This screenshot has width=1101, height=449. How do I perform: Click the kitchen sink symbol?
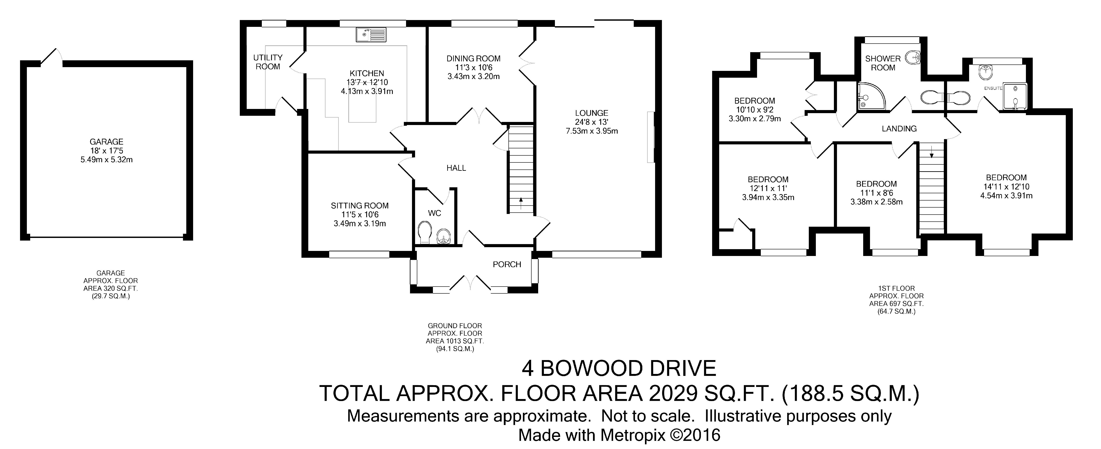click(x=371, y=35)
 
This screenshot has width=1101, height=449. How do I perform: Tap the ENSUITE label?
click(x=993, y=88)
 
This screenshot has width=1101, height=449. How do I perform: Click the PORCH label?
click(x=507, y=264)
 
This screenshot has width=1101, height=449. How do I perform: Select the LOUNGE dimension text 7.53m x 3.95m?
click(x=591, y=131)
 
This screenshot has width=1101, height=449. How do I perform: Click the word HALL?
click(x=456, y=168)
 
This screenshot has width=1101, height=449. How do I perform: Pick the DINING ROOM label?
click(x=474, y=59)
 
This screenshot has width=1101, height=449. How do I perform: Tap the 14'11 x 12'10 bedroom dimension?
click(x=1006, y=187)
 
